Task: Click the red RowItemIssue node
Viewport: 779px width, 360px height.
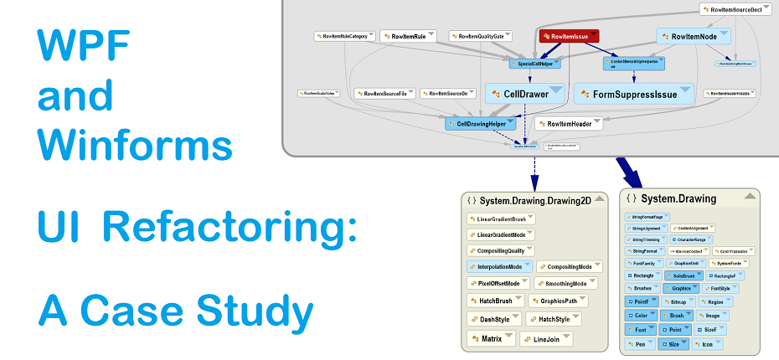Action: click(569, 37)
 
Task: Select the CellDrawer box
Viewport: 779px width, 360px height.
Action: click(519, 94)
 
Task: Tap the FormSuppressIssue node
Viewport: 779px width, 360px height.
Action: click(635, 94)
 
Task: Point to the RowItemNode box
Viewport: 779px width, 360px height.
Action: click(694, 37)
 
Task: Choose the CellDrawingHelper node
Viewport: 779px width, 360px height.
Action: click(485, 123)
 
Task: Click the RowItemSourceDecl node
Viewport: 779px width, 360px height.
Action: click(735, 9)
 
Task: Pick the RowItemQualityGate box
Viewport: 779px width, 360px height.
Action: click(482, 37)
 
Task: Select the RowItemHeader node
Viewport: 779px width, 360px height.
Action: click(569, 124)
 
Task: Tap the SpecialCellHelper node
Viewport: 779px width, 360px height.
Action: click(535, 63)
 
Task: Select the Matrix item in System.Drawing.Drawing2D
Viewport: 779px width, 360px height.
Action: click(491, 339)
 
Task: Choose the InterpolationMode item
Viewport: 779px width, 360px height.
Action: click(499, 266)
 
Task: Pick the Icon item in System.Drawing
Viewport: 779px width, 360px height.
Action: click(708, 344)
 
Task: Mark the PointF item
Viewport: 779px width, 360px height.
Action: click(641, 301)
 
